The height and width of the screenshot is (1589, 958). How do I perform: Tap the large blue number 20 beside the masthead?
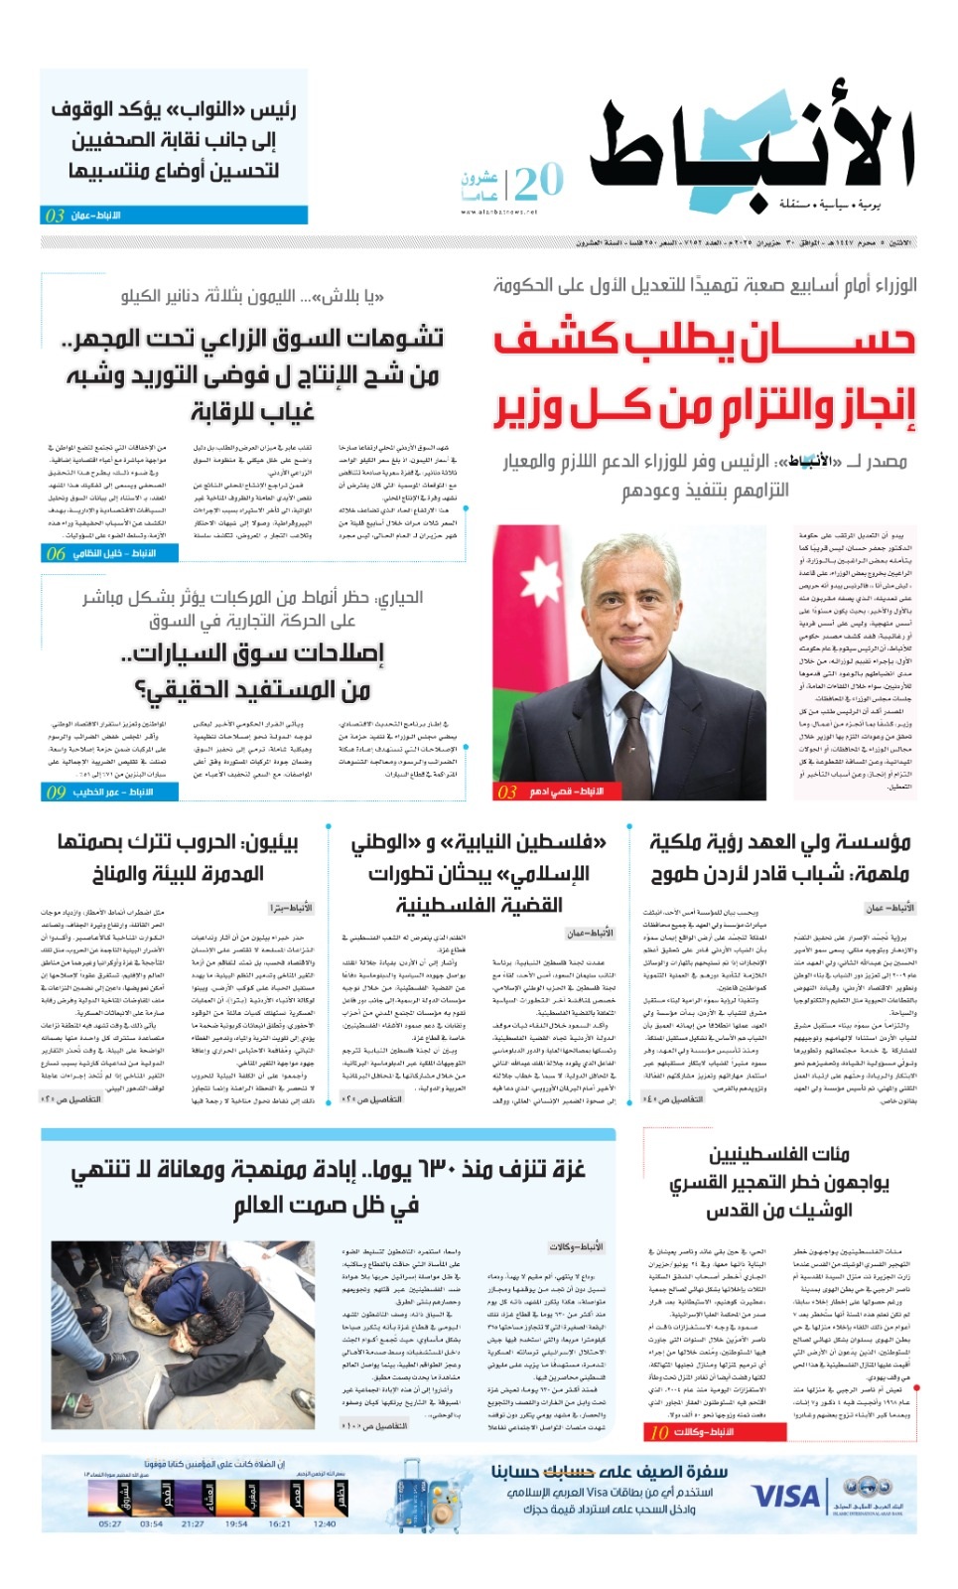click(x=539, y=182)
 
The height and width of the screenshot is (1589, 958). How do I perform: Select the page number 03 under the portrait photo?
click(x=507, y=792)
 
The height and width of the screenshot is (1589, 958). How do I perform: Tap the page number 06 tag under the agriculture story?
click(x=56, y=553)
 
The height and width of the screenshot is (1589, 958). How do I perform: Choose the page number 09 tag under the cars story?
click(x=56, y=792)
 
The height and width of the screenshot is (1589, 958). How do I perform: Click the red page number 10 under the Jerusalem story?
click(x=659, y=1432)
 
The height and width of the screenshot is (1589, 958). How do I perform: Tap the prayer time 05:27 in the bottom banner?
click(x=110, y=1523)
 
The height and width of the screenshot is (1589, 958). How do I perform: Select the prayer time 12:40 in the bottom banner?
click(x=324, y=1523)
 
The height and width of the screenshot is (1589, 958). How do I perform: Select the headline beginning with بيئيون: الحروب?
click(x=179, y=858)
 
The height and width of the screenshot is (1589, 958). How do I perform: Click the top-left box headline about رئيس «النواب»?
click(x=175, y=140)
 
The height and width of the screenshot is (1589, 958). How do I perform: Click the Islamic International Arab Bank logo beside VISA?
click(x=867, y=1495)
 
